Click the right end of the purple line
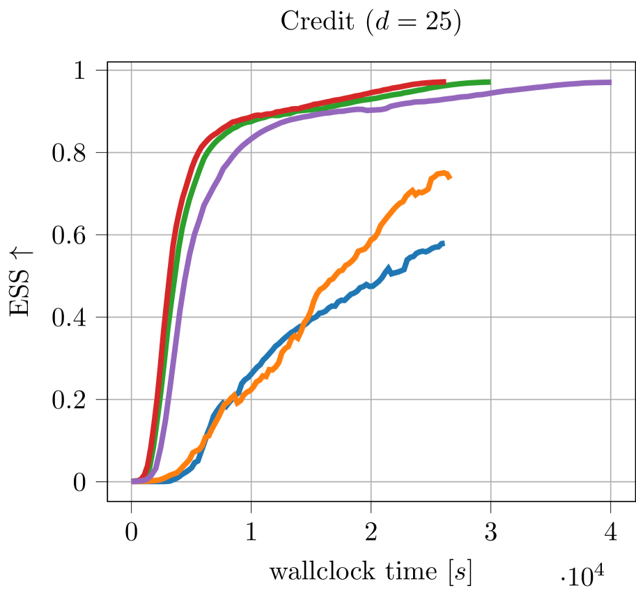point(610,83)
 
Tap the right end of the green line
point(489,82)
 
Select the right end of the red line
point(444,82)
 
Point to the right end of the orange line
point(450,178)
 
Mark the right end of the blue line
point(443,243)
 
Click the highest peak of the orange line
point(442,172)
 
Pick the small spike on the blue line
point(388,268)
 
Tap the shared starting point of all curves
point(132,481)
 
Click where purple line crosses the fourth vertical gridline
point(490,93)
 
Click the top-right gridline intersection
point(610,70)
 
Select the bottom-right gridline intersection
point(610,481)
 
